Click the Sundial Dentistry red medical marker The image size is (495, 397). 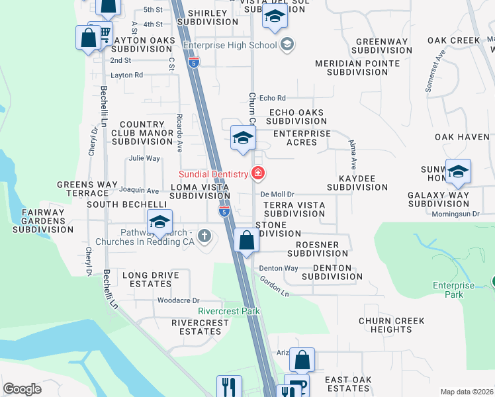pyautogui.click(x=258, y=174)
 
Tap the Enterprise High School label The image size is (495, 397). pyautogui.click(x=229, y=45)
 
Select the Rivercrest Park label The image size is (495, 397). pyautogui.click(x=228, y=311)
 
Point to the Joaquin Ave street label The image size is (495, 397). pyautogui.click(x=144, y=191)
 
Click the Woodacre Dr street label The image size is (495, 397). pyautogui.click(x=178, y=300)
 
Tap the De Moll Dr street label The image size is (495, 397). pyautogui.click(x=277, y=194)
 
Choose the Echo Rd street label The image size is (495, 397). pyautogui.click(x=272, y=98)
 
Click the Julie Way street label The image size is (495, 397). pyautogui.click(x=144, y=158)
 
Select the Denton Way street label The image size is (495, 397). pyautogui.click(x=278, y=268)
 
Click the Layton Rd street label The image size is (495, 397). pyautogui.click(x=126, y=75)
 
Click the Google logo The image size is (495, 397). pyautogui.click(x=22, y=389)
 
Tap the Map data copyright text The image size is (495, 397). pyautogui.click(x=467, y=392)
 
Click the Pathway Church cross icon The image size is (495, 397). pyautogui.click(x=205, y=235)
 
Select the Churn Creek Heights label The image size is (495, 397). pyautogui.click(x=391, y=325)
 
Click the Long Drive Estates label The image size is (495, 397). pyautogui.click(x=147, y=279)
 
